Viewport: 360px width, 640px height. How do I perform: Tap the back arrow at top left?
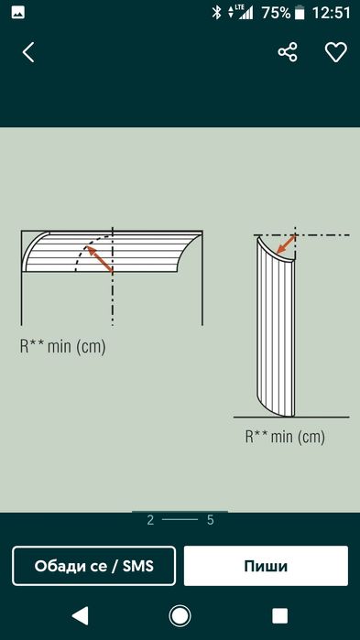28,52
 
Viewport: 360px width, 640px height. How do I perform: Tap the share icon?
288,52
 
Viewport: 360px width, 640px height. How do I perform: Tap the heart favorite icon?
335,52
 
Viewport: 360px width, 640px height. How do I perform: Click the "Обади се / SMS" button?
93,566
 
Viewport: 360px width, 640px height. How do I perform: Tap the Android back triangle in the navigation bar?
81,615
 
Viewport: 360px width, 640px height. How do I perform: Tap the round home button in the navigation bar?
180,615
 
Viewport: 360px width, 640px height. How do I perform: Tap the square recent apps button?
280,615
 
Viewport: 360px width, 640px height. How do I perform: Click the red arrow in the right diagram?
287,244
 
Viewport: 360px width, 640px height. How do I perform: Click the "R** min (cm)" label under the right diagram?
285,437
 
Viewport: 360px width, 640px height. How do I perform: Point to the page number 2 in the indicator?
150,520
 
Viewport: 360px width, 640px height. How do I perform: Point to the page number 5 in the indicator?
211,520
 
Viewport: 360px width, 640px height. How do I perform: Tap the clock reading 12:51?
331,13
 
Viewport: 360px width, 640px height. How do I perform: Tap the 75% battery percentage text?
276,13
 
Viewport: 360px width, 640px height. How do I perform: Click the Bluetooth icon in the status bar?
216,13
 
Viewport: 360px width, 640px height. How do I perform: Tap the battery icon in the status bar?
301,13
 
